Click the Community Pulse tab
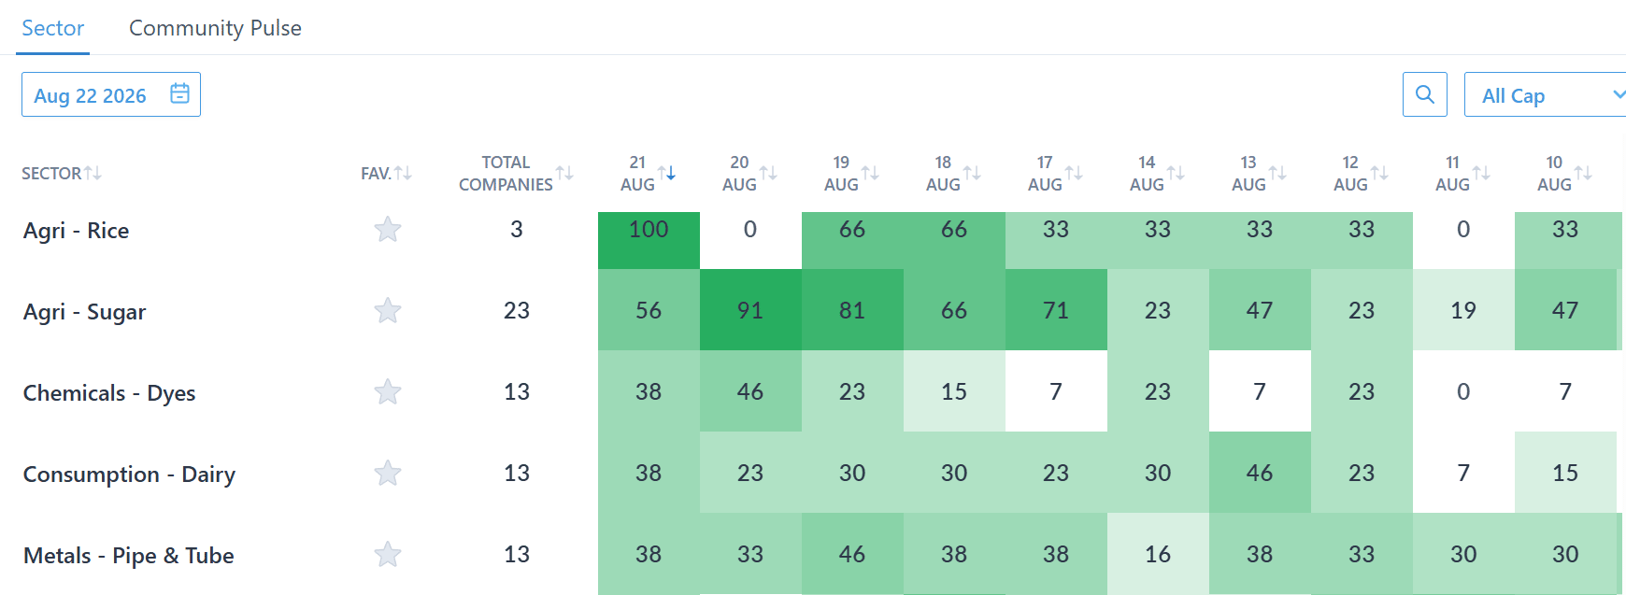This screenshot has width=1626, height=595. [215, 28]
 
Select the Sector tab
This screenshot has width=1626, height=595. [53, 28]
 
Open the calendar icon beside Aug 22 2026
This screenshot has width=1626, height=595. [180, 93]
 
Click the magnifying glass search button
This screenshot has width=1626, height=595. [1425, 94]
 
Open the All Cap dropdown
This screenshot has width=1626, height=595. [1546, 94]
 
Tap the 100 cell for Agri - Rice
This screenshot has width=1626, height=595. [649, 240]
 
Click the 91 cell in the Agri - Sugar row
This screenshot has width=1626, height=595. [750, 309]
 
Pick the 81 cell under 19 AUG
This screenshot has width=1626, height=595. [852, 309]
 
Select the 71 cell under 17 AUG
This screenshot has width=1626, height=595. [1056, 309]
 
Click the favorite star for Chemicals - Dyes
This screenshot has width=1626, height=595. [388, 391]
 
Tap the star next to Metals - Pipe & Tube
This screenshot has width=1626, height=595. [388, 554]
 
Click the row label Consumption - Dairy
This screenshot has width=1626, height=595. [129, 475]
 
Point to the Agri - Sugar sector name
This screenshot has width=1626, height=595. [84, 312]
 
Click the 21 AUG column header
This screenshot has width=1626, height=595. [638, 174]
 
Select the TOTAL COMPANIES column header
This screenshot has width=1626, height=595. [506, 174]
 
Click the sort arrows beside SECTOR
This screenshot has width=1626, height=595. [93, 173]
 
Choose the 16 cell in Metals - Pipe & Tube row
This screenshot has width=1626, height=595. [1158, 554]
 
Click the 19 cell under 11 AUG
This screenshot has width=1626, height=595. [1463, 309]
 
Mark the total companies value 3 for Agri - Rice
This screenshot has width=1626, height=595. [517, 230]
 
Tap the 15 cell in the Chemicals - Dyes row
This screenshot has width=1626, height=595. [954, 391]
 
